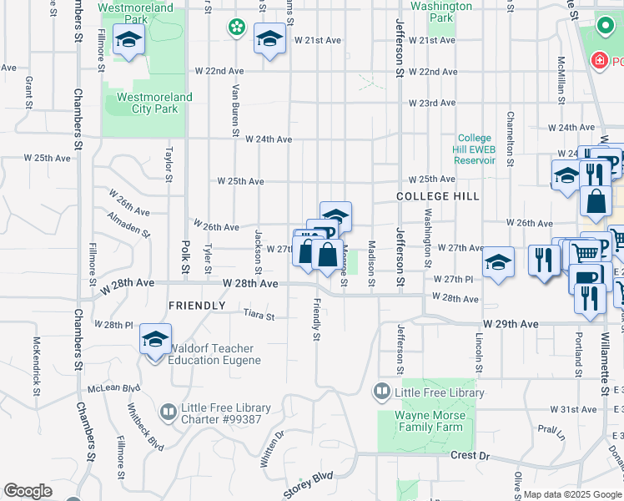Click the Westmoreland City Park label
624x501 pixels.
point(154,103)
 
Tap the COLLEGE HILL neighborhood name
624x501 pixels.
point(438,195)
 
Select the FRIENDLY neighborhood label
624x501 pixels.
point(197,306)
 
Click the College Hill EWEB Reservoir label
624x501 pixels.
point(476,149)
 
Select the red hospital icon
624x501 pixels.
point(598,61)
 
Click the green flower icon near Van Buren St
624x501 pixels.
point(237,27)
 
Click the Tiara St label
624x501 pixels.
point(259,315)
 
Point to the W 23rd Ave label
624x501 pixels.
point(432,104)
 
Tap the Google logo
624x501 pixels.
point(28,491)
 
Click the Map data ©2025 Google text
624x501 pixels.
point(572,494)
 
